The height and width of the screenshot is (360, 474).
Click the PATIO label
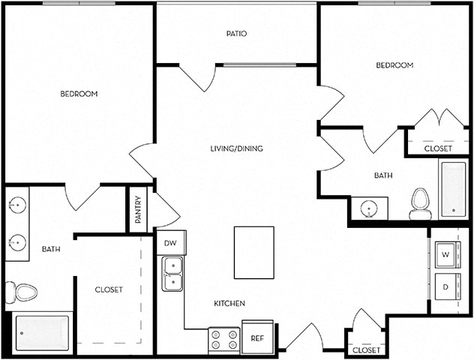click(x=236, y=34)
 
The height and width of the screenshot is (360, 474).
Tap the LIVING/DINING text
click(x=236, y=148)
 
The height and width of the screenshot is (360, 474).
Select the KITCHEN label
click(x=229, y=303)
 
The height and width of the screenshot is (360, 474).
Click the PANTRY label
click(x=138, y=210)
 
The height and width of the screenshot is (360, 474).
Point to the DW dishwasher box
click(x=169, y=243)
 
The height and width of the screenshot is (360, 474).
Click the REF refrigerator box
click(x=257, y=337)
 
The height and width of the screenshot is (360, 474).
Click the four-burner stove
click(x=223, y=340)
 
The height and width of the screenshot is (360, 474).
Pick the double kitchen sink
click(x=173, y=274)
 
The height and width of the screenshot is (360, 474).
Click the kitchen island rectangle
click(x=252, y=252)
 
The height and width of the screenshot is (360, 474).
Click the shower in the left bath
click(x=43, y=333)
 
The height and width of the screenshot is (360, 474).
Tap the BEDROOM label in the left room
click(x=79, y=94)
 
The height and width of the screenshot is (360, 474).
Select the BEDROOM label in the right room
click(x=394, y=65)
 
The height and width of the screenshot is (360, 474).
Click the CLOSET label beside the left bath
click(x=109, y=289)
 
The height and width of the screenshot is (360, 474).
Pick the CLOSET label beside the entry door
click(x=367, y=350)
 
